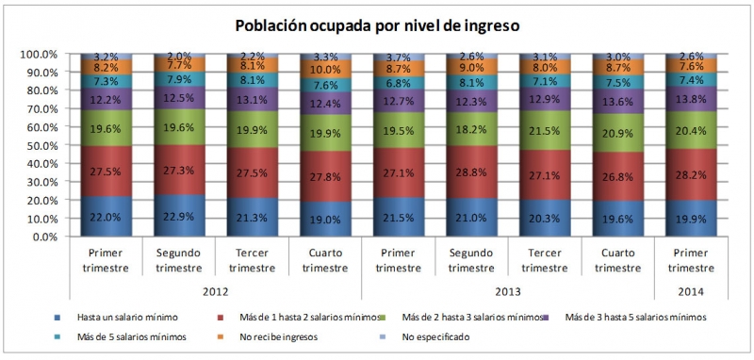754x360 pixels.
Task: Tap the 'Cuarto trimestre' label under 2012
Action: pyautogui.click(x=322, y=260)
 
